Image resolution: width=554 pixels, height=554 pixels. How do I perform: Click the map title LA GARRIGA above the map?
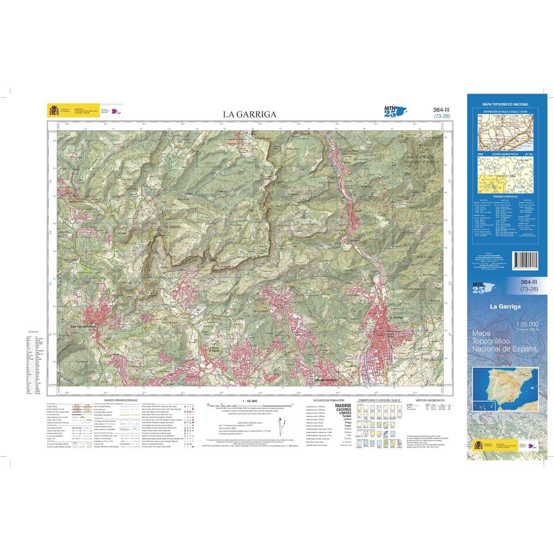click(x=250, y=114)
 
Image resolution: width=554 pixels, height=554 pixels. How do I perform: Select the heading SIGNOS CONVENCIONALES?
click(x=121, y=400)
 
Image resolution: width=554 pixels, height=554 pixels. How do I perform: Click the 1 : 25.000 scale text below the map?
click(x=250, y=400)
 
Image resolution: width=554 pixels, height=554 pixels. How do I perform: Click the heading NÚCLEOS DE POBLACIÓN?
click(x=326, y=400)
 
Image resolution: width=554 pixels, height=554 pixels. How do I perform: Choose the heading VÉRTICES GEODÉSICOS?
click(x=430, y=400)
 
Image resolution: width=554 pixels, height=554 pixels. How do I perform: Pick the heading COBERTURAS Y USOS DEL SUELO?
click(x=377, y=400)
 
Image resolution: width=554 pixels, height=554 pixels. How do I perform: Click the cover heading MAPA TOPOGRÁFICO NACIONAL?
click(x=506, y=105)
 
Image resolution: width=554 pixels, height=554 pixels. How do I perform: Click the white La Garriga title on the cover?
click(x=505, y=307)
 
